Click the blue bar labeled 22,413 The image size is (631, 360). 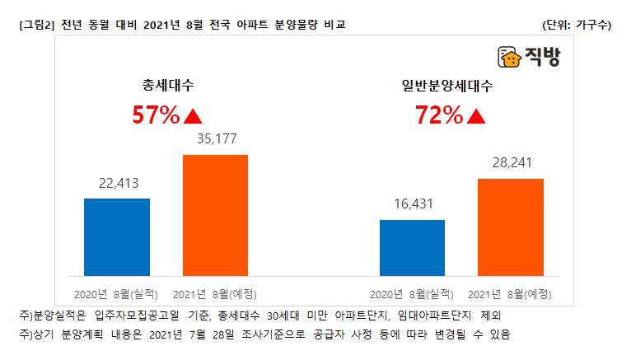tap(117, 237)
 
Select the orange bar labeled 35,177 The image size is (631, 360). tap(215, 215)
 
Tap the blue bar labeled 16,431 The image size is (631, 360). tap(412, 248)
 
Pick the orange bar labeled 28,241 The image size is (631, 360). tap(510, 227)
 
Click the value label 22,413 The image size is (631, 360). tap(117, 184)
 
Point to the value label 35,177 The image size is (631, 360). tap(216, 138)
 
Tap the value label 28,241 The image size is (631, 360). tap(511, 163)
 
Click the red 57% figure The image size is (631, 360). tap(157, 116)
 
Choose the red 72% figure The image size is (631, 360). tap(439, 116)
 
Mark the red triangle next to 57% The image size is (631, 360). tap(193, 117)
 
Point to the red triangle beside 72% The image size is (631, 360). tap(475, 117)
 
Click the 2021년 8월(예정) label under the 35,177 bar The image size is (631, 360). tap(214, 293)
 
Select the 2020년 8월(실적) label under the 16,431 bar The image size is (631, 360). tap(412, 293)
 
